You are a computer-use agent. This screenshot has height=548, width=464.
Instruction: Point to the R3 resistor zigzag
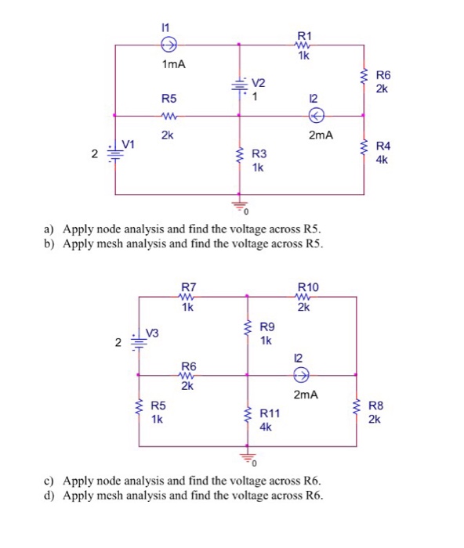click(x=238, y=160)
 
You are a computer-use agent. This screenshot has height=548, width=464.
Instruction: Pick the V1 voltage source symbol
click(x=115, y=152)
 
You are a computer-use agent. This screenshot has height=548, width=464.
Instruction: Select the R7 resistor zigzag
click(x=187, y=297)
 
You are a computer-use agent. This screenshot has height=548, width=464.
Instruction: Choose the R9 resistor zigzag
click(x=248, y=333)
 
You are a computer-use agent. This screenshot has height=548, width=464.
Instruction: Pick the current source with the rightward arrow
click(x=300, y=374)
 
